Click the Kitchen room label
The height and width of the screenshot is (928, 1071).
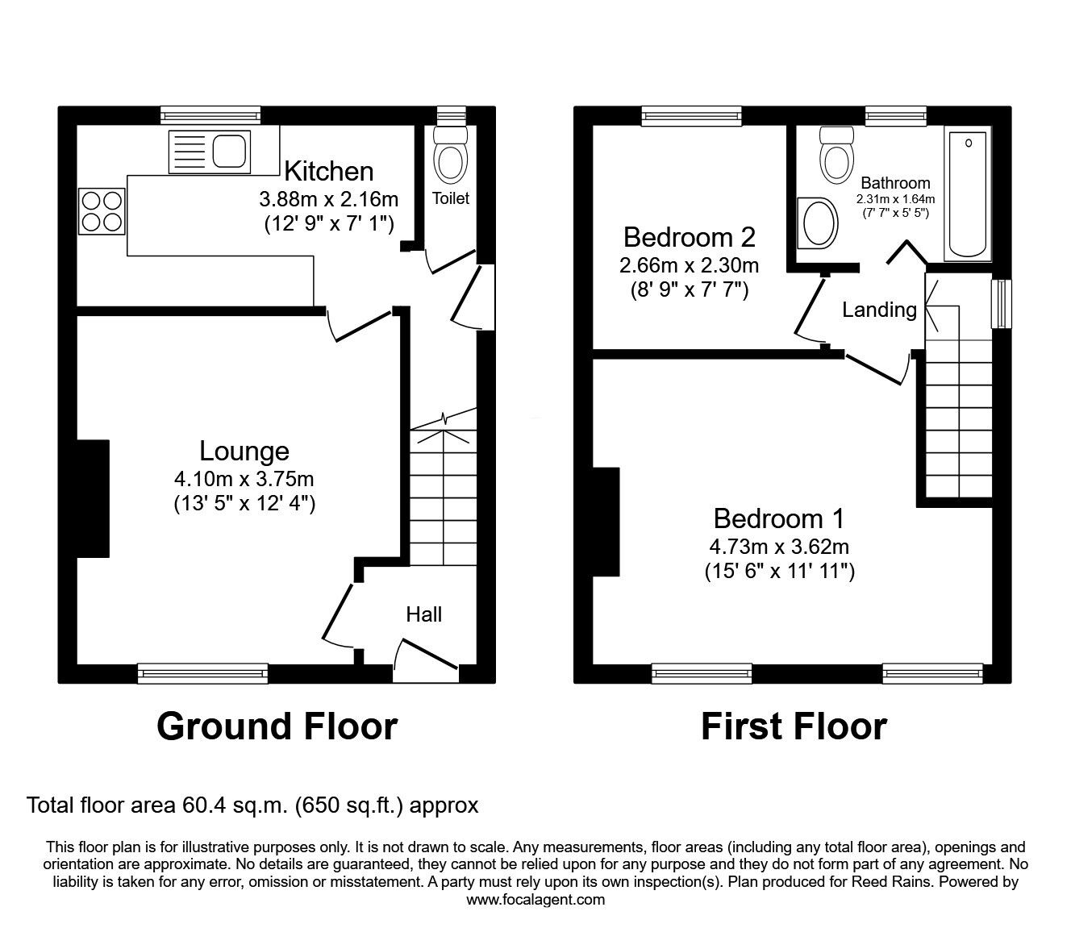329,171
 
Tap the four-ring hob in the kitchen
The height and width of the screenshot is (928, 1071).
102,211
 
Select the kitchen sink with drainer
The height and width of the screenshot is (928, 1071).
210,152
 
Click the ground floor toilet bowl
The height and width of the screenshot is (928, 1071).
450,155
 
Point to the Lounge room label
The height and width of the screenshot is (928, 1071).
244,451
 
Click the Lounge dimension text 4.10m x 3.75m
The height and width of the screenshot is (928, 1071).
244,479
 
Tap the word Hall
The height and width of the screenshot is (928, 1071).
424,614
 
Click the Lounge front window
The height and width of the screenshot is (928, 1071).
203,673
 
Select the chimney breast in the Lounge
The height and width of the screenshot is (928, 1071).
94,498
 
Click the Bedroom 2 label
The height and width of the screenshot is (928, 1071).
689,237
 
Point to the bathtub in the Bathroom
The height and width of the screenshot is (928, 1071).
968,194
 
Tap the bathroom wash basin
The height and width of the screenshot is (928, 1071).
817,223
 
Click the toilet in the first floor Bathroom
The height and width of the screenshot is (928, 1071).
837,155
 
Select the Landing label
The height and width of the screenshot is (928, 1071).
879,310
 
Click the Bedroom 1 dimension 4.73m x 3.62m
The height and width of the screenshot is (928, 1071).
779,547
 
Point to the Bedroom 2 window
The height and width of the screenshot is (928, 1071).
692,116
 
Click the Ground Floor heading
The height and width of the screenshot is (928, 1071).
277,726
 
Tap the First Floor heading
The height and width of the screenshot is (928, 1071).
794,726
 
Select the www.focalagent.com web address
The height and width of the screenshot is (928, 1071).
535,900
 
